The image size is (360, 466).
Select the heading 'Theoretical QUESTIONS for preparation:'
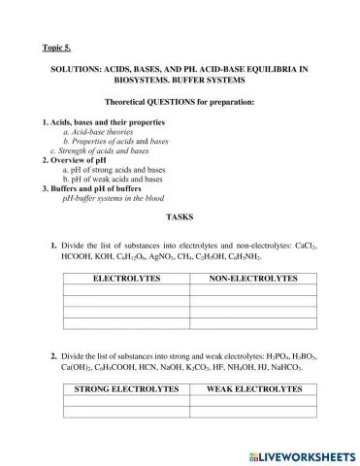click(x=180, y=102)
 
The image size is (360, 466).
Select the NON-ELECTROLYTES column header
click(x=252, y=279)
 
